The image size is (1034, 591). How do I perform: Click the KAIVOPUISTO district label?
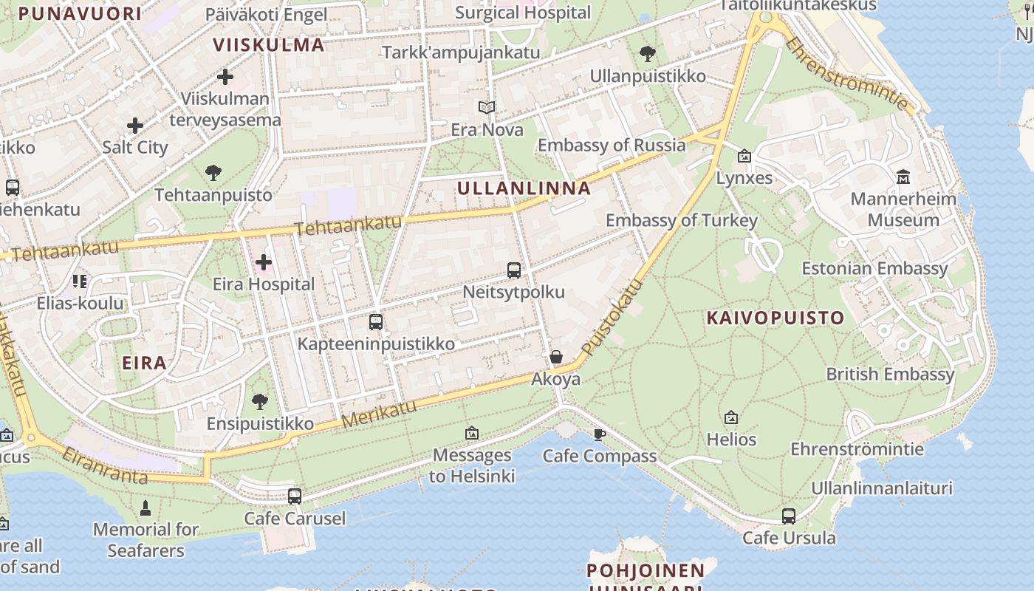[775, 318]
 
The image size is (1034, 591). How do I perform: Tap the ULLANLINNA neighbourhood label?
[524, 188]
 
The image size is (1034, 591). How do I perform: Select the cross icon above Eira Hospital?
[264, 262]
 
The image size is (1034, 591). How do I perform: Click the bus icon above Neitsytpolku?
[514, 270]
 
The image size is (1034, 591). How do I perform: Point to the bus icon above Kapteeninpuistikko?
[376, 322]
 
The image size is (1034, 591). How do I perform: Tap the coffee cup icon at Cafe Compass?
[600, 434]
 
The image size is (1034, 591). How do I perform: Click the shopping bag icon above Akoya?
[556, 358]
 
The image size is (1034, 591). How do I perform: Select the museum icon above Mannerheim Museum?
[903, 177]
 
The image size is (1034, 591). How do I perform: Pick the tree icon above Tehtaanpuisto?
[213, 173]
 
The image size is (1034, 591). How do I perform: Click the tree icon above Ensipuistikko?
[259, 402]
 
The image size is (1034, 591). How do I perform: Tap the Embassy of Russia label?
[612, 145]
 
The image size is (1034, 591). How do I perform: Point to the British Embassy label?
[890, 374]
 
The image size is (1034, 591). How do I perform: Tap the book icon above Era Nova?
[486, 108]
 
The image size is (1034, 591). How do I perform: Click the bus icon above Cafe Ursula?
[789, 516]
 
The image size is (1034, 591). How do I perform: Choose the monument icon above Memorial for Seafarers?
[145, 508]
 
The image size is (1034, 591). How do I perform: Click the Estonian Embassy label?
[874, 268]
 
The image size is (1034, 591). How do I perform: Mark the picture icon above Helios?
[731, 418]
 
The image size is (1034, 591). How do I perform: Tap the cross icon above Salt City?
[135, 126]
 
